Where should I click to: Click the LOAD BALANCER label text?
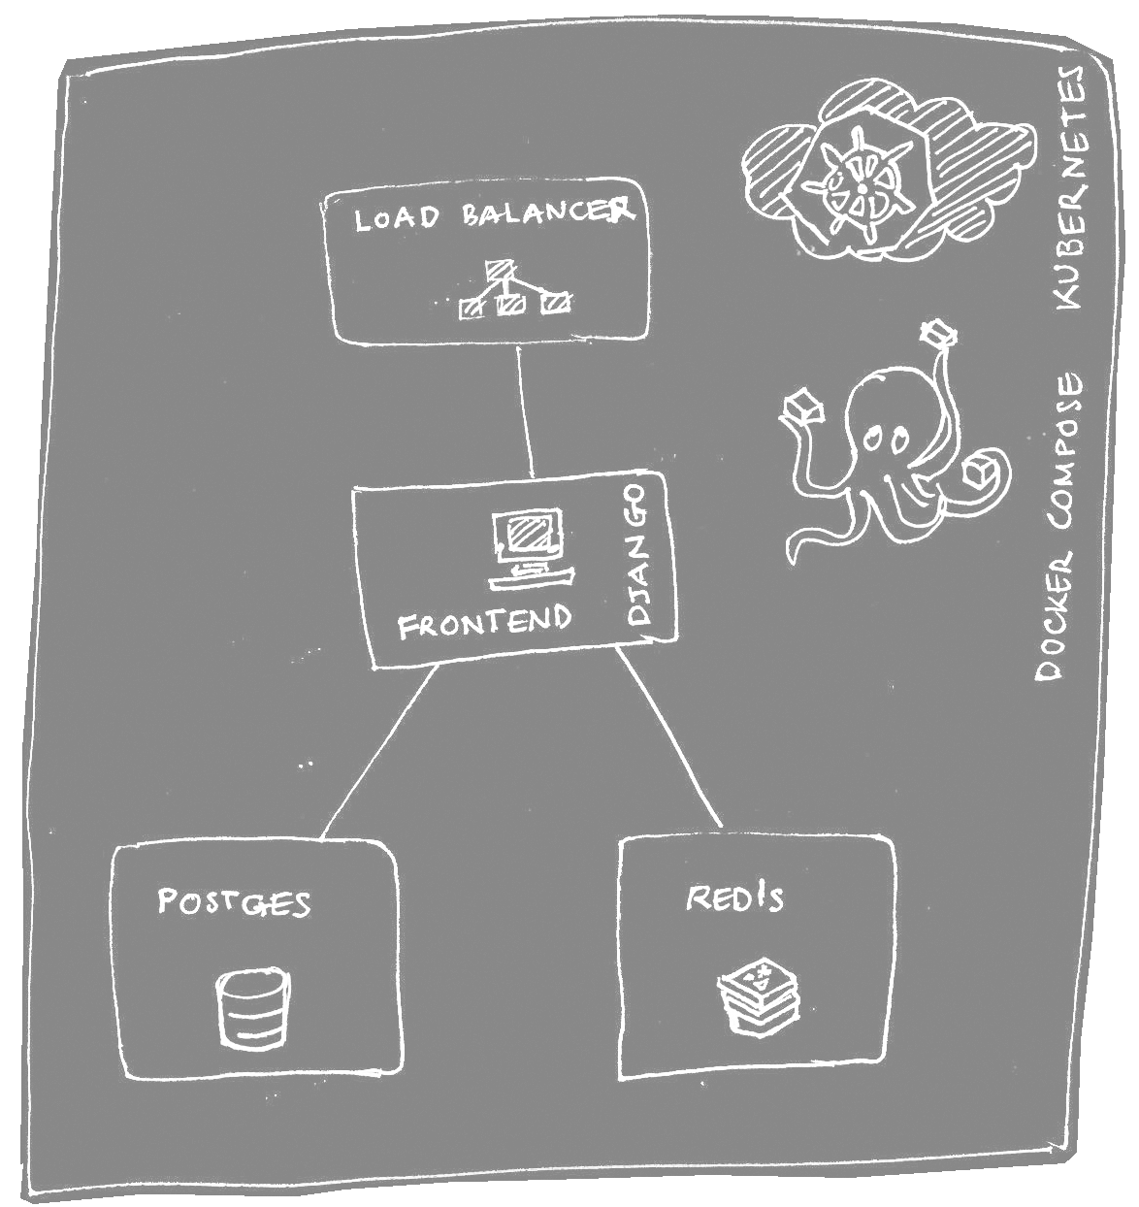tap(493, 214)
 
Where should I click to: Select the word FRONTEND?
tap(484, 621)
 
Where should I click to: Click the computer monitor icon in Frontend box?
tap(528, 543)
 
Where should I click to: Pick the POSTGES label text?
tap(234, 902)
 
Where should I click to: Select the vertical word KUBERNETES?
tap(1071, 188)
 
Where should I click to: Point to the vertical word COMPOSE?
tap(1066, 452)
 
